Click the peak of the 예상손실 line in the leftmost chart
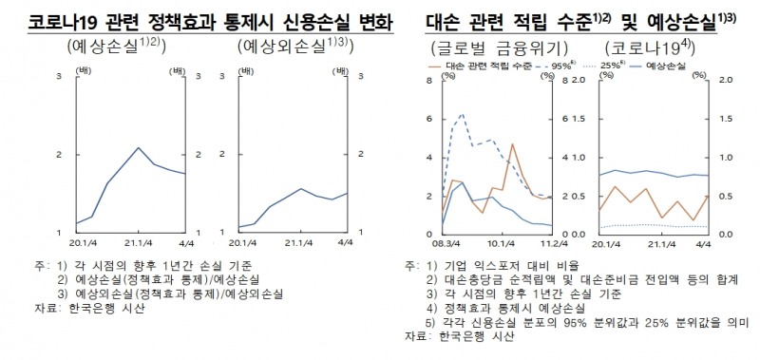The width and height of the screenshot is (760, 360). click(139, 148)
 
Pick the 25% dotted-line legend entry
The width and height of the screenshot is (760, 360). click(608, 67)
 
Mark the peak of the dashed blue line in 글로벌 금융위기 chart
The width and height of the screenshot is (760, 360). click(462, 115)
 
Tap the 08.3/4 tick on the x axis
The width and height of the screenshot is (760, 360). click(444, 244)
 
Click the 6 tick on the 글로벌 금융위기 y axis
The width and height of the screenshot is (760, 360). click(429, 119)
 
